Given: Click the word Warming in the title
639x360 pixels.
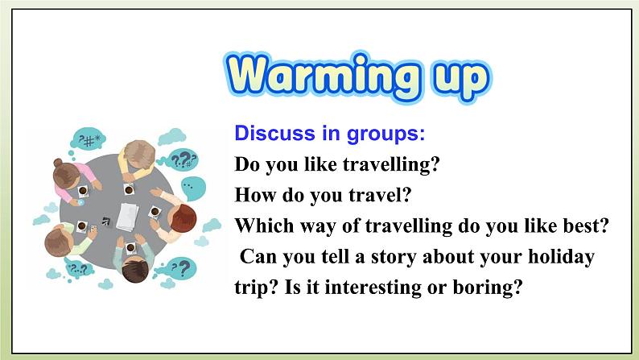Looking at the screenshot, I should [x=322, y=76].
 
